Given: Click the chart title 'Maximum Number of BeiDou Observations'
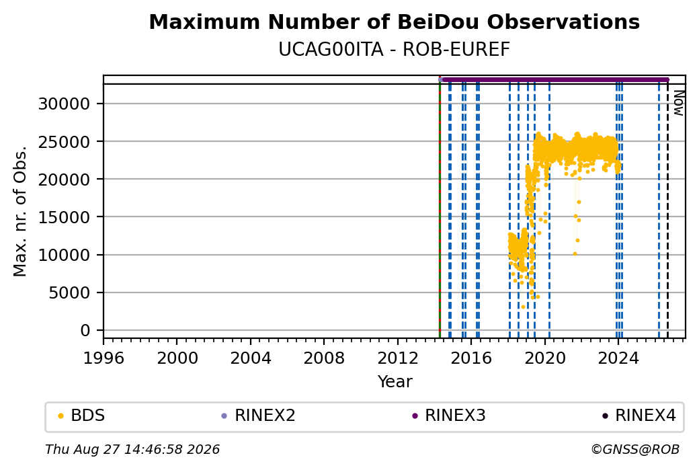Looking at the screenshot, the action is point(394,22).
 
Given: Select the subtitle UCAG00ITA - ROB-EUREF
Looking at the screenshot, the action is point(394,50).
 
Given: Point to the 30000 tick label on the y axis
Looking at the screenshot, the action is point(65,104).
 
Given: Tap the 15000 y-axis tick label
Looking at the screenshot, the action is point(65,217).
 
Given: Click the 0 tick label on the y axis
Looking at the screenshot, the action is point(85,330).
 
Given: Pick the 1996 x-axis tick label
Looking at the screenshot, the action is point(104,358).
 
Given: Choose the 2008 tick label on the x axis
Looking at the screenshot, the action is point(324,358).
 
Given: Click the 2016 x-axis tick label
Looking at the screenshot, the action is point(470,358).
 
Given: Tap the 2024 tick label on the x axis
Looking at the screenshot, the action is point(618,358).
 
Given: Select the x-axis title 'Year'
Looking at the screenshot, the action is point(395,382).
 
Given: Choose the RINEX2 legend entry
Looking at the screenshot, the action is point(259,416).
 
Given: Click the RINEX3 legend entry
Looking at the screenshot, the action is point(449,416).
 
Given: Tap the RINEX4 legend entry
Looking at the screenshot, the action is point(639,416).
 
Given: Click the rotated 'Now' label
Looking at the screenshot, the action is point(678,103).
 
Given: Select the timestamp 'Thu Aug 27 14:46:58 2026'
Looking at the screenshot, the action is point(132,449).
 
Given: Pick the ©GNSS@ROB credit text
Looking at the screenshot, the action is point(635,449).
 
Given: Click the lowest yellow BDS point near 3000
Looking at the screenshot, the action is point(523,307).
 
